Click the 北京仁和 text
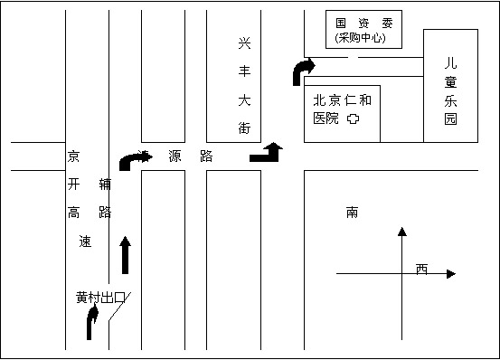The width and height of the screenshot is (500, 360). pos(342,100)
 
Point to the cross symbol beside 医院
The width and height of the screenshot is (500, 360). pos(355,118)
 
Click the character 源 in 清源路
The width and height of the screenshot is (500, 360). pos(174,156)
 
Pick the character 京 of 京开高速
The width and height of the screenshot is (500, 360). pos(74,156)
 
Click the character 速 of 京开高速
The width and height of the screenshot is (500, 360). pos(86,242)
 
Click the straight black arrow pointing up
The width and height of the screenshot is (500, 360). pos(125,255)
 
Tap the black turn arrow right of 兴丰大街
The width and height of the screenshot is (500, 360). pos(267,152)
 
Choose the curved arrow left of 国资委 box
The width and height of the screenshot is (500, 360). pos(303,71)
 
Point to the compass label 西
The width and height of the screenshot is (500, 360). pos(421,269)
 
